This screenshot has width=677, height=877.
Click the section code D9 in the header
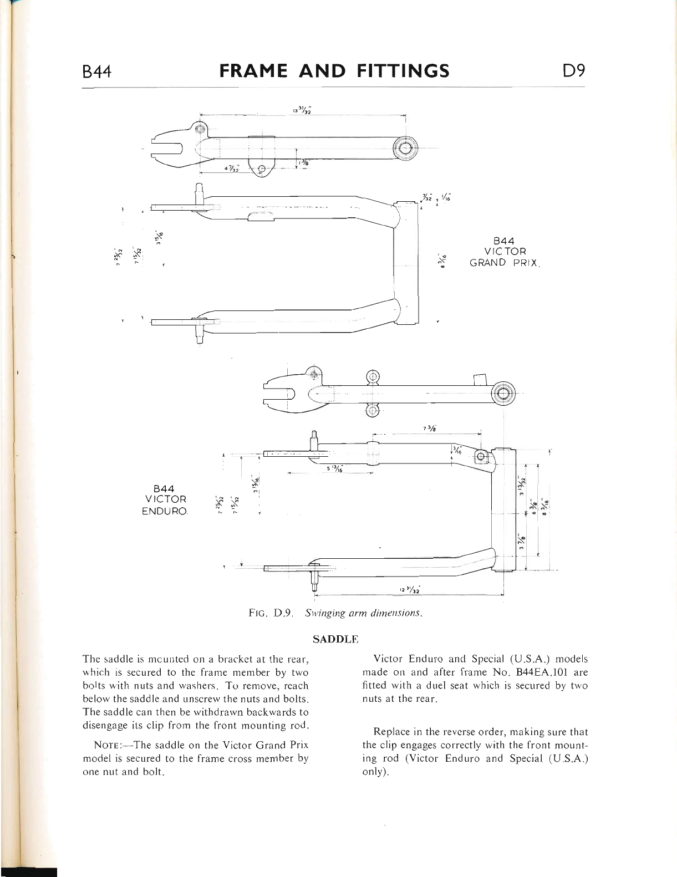(x=573, y=71)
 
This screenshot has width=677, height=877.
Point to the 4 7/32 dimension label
(x=231, y=168)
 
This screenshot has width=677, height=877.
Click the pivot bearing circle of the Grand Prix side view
(x=404, y=149)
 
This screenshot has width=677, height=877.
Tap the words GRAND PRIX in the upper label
(x=503, y=263)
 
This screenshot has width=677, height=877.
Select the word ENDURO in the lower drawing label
(x=165, y=510)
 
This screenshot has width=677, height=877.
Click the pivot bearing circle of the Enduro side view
(x=503, y=394)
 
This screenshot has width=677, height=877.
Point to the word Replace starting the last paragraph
(x=392, y=732)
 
